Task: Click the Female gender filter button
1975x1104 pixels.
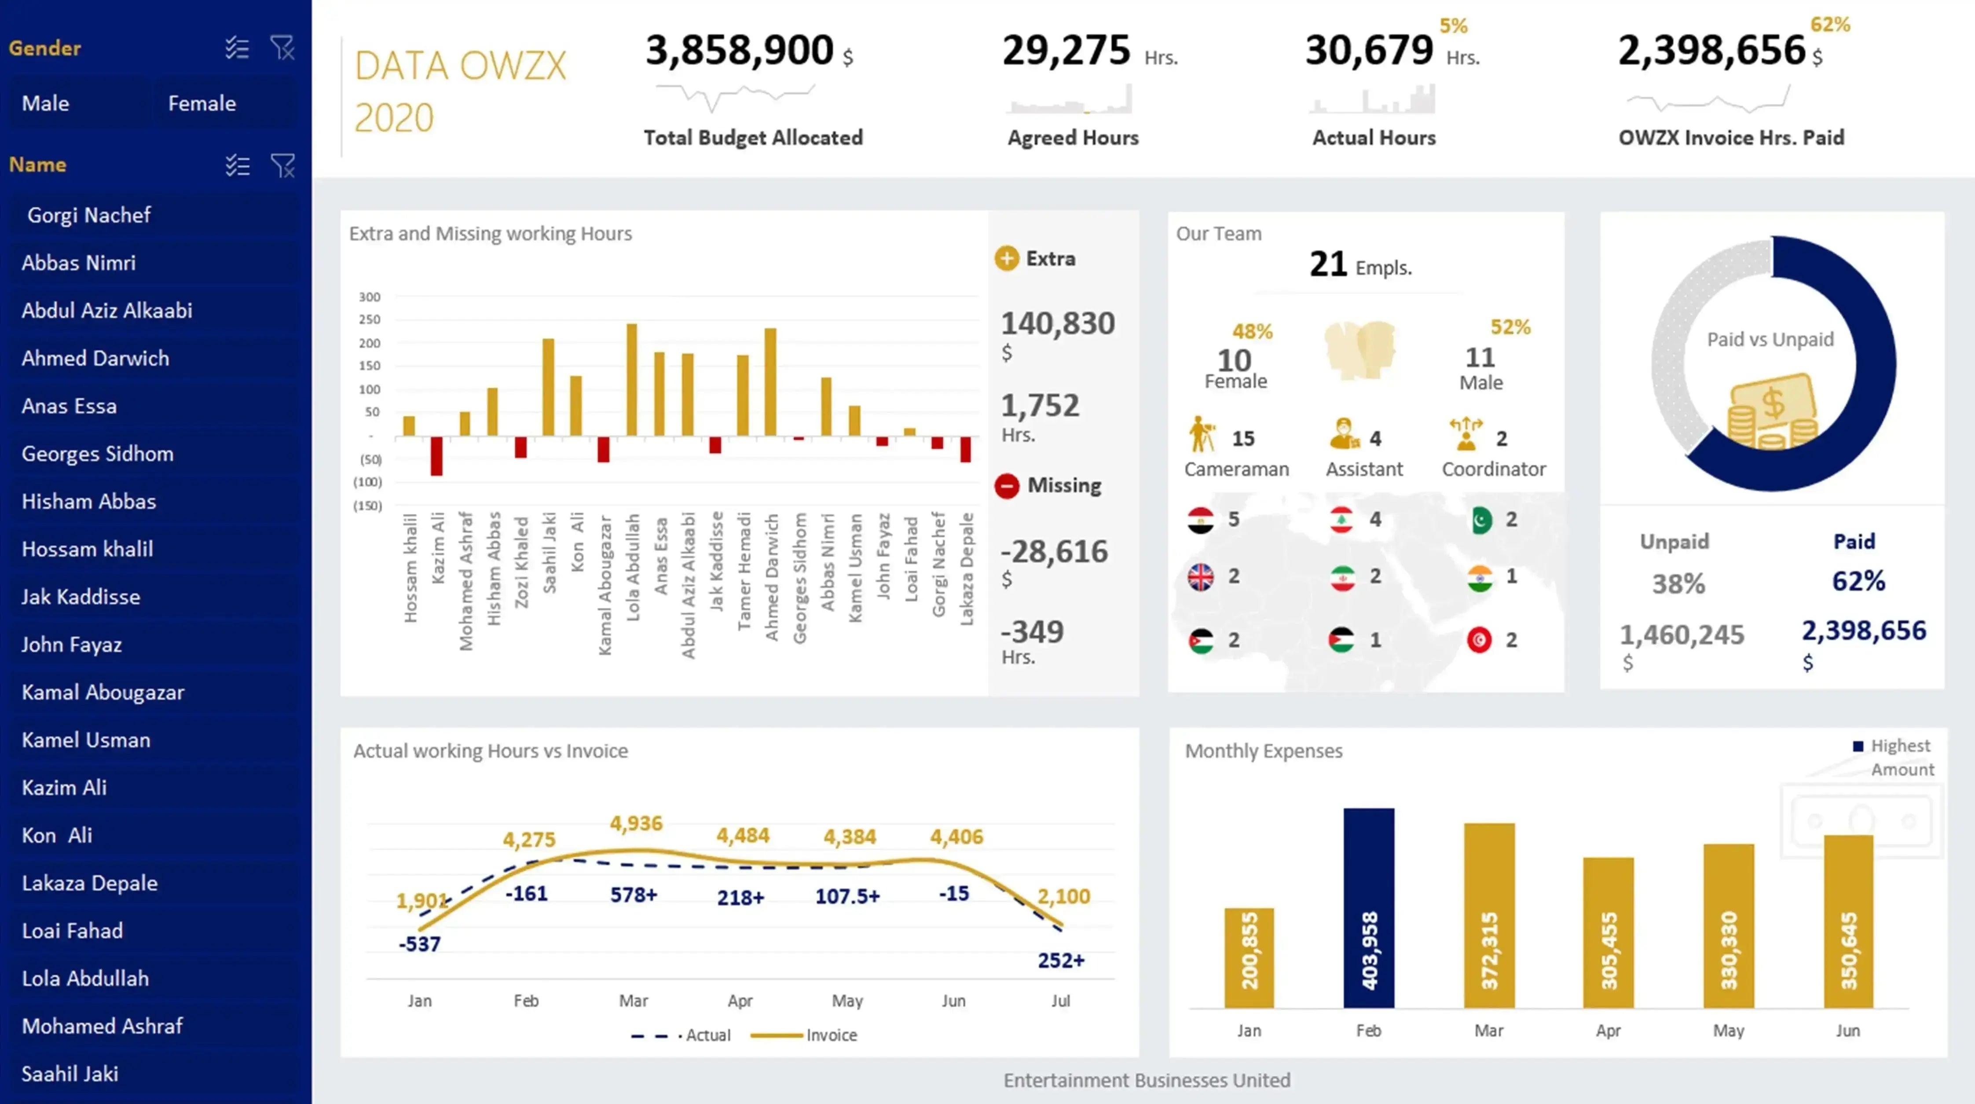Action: click(202, 103)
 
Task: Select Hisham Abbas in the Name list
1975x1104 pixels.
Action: click(89, 502)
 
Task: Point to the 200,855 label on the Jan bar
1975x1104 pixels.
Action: click(1249, 951)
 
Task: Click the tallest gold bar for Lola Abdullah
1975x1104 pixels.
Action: click(632, 379)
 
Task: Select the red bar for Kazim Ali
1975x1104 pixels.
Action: click(436, 456)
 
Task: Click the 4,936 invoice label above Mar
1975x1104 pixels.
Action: click(636, 823)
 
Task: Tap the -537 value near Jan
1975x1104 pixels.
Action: click(419, 944)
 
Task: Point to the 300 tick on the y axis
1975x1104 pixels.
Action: click(370, 297)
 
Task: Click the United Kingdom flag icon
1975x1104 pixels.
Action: click(1201, 576)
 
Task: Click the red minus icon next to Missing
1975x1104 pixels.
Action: click(1007, 486)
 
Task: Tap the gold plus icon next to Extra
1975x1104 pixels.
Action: click(1007, 258)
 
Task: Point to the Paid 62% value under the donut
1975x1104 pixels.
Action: click(1858, 581)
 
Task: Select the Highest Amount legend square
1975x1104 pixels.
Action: click(1858, 746)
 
